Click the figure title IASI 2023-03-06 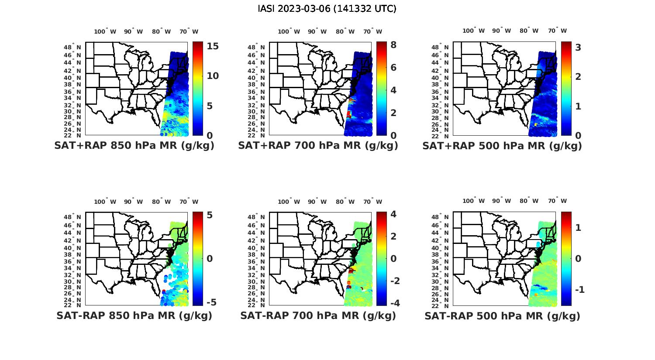point(327,9)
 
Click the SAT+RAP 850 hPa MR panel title point(134,146)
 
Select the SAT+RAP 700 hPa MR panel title point(318,146)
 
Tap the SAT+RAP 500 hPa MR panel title point(502,146)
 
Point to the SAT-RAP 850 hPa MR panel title point(134,315)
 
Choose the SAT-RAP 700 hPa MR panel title point(318,315)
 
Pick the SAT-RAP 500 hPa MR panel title point(502,316)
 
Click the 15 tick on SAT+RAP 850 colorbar point(213,46)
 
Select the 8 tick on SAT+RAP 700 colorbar point(393,45)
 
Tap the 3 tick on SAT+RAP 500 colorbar point(578,47)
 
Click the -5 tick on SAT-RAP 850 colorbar point(211,302)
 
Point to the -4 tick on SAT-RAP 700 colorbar point(394,303)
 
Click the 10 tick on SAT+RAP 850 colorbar point(213,76)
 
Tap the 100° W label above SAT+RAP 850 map point(105,31)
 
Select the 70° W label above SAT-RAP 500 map point(557,201)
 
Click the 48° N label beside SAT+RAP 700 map point(256,47)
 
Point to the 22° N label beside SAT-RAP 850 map point(72,305)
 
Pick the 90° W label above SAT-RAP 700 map point(317,202)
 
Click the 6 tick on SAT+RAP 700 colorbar point(393,67)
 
